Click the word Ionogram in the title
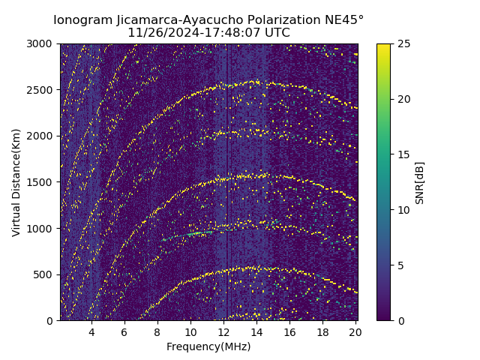(82, 19)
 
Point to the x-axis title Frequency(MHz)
(208, 346)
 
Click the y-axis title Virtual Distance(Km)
(16, 182)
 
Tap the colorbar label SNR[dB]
(419, 182)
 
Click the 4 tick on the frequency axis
(91, 332)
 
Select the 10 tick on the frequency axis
(190, 332)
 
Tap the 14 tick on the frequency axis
(256, 332)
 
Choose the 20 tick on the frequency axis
(355, 332)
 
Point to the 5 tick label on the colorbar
(400, 265)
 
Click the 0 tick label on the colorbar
(400, 321)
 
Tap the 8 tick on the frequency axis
(157, 332)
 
